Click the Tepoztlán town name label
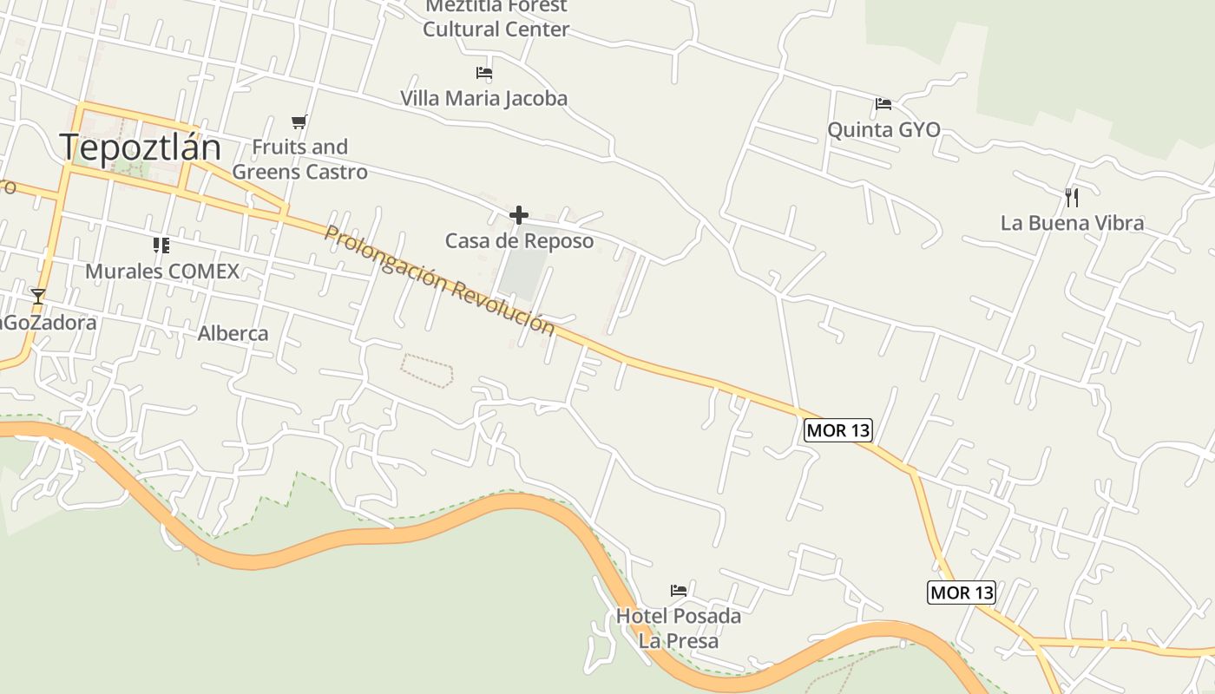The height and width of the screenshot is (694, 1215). tap(141, 147)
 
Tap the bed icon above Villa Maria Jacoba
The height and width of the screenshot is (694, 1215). tap(484, 74)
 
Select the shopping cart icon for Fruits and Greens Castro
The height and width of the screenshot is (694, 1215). tap(299, 121)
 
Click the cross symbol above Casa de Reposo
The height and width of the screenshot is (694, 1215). tap(519, 215)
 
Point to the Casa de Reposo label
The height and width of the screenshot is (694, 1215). tap(519, 241)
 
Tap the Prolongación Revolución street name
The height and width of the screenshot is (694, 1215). tap(439, 280)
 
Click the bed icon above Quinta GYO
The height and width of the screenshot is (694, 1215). tap(883, 104)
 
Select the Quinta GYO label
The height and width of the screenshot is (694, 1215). tap(883, 130)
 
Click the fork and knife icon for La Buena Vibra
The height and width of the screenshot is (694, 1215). tap(1072, 197)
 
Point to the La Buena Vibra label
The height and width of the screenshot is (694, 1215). tap(1072, 223)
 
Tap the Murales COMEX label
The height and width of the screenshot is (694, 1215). tap(162, 272)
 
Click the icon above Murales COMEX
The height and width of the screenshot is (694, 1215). tap(161, 246)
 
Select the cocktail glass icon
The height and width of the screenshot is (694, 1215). tap(37, 297)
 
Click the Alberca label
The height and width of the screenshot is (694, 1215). tap(233, 334)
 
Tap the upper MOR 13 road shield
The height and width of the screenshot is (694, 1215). tap(837, 430)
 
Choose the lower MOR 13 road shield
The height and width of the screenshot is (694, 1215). tap(961, 593)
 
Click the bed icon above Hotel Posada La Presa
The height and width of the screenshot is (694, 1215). tap(679, 590)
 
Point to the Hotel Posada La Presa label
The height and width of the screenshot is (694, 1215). tap(679, 629)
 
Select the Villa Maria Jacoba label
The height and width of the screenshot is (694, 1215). tap(483, 99)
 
